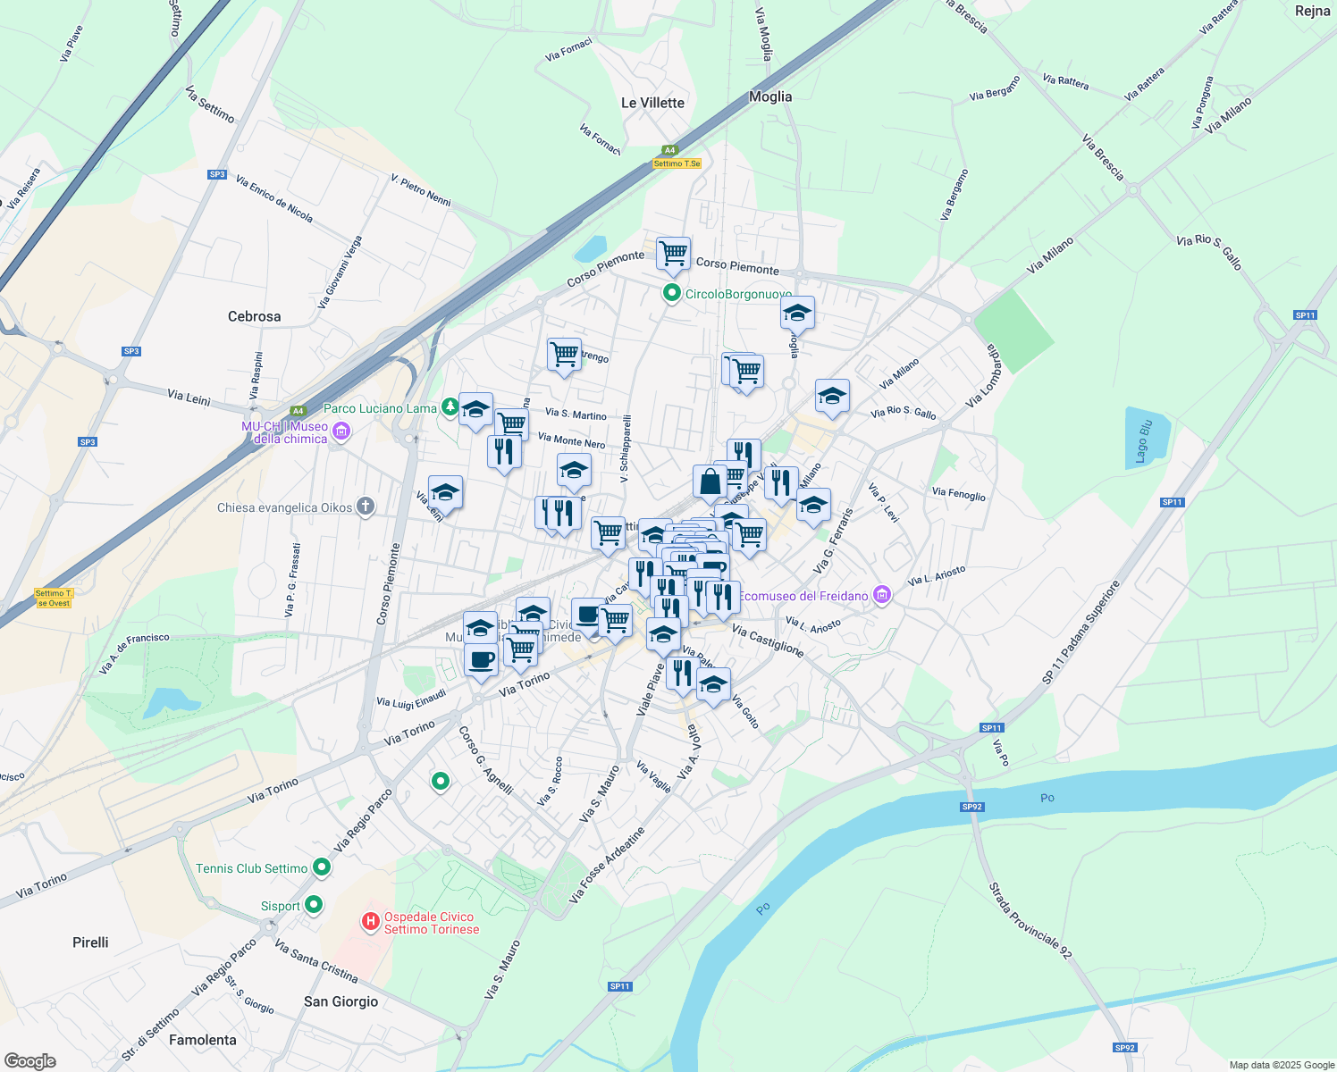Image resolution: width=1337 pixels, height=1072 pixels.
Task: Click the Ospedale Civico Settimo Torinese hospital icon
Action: coord(370,921)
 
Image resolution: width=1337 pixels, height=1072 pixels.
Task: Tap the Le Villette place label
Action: coord(652,103)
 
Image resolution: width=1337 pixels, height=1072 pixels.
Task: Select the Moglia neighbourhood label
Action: coord(770,96)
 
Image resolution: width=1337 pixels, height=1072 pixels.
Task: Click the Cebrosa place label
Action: coord(254,316)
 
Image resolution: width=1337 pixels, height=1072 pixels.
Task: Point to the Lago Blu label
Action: coord(1142,440)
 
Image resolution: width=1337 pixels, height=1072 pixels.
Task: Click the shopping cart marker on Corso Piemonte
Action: coord(673,254)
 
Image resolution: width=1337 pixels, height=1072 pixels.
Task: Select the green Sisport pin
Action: coord(314,905)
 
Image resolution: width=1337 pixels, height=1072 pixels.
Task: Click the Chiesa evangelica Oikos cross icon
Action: coord(366,507)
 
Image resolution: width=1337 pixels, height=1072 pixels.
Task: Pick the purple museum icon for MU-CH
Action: coord(341,432)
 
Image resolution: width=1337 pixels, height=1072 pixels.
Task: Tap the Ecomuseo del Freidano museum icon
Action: coord(882,595)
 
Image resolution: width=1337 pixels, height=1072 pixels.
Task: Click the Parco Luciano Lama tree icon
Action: coord(450,408)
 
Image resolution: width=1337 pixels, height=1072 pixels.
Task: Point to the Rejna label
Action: coord(1312,11)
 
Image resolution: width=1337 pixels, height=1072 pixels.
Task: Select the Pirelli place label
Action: coord(90,942)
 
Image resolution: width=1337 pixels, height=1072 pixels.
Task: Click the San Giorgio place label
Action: coord(341,1001)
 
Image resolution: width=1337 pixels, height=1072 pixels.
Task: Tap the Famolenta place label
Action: coord(203,1040)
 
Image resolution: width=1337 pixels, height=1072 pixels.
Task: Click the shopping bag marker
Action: coord(710,482)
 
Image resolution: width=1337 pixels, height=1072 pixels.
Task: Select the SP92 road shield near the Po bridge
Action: coord(972,807)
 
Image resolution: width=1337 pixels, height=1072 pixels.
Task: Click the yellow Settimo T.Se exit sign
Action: coord(677,163)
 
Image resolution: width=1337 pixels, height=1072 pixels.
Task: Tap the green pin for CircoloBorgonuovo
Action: coord(672,293)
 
